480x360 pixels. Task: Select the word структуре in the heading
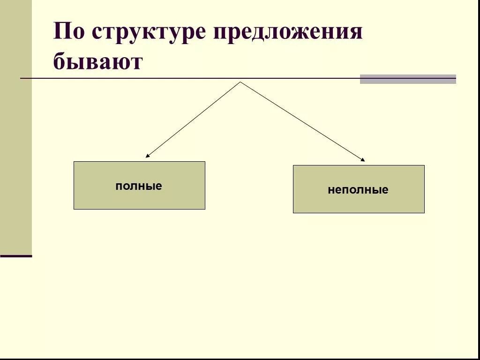(x=148, y=34)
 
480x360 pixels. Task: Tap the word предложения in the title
(x=288, y=34)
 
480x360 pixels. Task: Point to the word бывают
(x=97, y=61)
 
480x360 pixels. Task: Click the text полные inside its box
(x=139, y=186)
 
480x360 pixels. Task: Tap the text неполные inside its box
(x=358, y=190)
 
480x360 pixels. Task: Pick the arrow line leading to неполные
(x=302, y=121)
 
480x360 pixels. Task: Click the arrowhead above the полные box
(x=147, y=156)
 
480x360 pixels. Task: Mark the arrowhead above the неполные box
(x=362, y=160)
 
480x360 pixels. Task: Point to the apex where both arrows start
(x=240, y=82)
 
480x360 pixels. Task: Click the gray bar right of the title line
(x=408, y=79)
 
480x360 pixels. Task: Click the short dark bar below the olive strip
(x=16, y=256)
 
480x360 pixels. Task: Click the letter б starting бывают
(x=60, y=61)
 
